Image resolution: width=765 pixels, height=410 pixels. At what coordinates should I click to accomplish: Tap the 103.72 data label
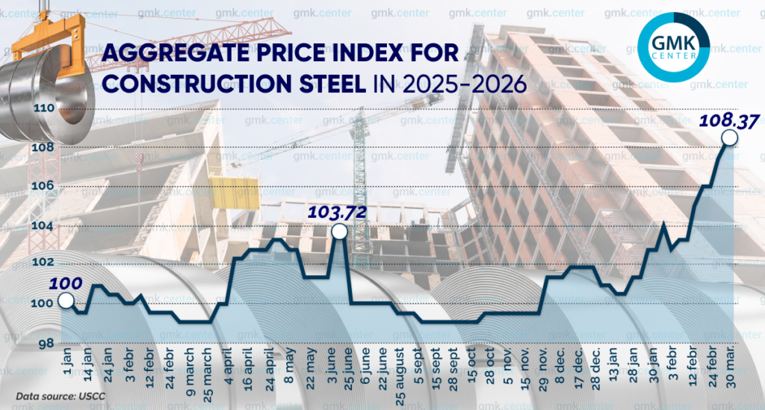point(338,212)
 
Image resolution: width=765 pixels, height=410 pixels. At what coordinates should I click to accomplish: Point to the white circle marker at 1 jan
point(65,301)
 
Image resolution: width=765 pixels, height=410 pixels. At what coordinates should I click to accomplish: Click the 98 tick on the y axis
point(45,343)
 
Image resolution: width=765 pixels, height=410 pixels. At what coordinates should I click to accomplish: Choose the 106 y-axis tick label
point(46,186)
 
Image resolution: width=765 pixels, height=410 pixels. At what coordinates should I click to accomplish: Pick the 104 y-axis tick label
point(46,225)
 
